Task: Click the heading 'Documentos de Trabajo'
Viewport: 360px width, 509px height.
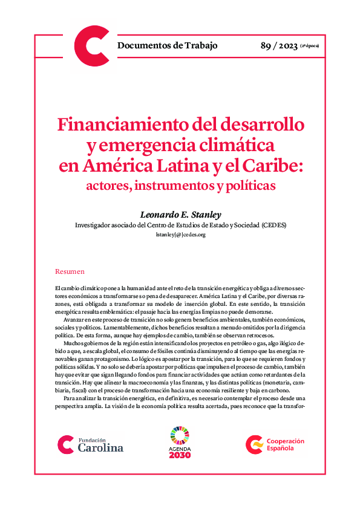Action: pyautogui.click(x=167, y=45)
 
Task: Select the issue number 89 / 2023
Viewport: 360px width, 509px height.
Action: pyautogui.click(x=278, y=45)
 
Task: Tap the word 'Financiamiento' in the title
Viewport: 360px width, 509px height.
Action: pyautogui.click(x=115, y=126)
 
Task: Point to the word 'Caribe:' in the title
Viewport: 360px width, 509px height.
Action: pyautogui.click(x=272, y=166)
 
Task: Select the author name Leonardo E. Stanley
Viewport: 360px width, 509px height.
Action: pyautogui.click(x=180, y=215)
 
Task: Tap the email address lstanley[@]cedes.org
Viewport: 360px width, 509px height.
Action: pyautogui.click(x=180, y=235)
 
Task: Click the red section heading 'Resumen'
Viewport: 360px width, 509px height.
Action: pyautogui.click(x=70, y=272)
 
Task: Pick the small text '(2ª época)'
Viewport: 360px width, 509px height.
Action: pyautogui.click(x=309, y=47)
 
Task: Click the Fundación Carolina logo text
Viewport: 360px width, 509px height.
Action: pyautogui.click(x=100, y=445)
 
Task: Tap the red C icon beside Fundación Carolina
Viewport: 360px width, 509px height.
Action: pyautogui.click(x=65, y=444)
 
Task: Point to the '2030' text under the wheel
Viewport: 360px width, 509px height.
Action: pyautogui.click(x=180, y=455)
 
